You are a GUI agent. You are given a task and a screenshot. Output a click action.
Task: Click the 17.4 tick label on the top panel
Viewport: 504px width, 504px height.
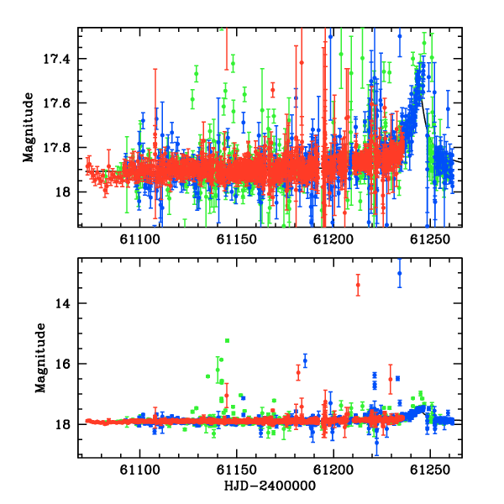(56, 59)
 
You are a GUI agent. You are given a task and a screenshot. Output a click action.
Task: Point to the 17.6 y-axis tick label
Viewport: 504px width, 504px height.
(56, 103)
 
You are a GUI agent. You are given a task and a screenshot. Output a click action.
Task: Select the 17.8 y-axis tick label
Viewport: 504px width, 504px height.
(56, 148)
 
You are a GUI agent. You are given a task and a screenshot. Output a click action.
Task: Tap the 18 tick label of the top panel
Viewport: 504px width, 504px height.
(62, 192)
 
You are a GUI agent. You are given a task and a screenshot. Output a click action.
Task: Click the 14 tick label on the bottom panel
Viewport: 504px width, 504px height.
(62, 303)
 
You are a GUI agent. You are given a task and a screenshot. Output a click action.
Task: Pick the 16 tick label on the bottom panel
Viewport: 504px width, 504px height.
(62, 364)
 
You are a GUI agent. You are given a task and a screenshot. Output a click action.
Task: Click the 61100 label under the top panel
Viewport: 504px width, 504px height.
(139, 239)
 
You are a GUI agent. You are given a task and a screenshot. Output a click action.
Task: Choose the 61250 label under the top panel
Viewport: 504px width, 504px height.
(430, 239)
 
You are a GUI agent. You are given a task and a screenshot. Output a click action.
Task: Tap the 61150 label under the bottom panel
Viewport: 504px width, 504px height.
(237, 470)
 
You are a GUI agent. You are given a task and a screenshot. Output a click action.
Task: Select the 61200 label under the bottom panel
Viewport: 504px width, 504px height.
(333, 470)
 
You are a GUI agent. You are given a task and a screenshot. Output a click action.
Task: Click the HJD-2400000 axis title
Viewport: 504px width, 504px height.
(270, 486)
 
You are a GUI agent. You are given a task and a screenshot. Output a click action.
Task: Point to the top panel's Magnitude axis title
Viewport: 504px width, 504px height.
(29, 128)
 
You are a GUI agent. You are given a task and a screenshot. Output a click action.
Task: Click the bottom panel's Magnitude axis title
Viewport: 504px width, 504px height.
(40, 358)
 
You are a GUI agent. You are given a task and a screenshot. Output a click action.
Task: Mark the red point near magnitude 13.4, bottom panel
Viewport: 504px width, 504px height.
(358, 285)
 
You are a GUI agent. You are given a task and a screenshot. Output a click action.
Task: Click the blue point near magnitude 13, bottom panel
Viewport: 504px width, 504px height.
(400, 273)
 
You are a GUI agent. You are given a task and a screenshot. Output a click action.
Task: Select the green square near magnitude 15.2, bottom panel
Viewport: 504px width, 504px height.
(228, 340)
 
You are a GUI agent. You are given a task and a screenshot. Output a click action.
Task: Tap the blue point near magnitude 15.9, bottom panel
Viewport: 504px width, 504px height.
(305, 360)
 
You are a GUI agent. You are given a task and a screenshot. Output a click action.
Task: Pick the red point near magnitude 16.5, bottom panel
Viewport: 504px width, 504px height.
(391, 380)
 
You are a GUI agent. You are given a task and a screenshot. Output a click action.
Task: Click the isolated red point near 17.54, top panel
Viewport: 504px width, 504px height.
(272, 90)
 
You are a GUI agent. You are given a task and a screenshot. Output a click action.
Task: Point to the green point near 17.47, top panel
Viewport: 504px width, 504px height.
(196, 74)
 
